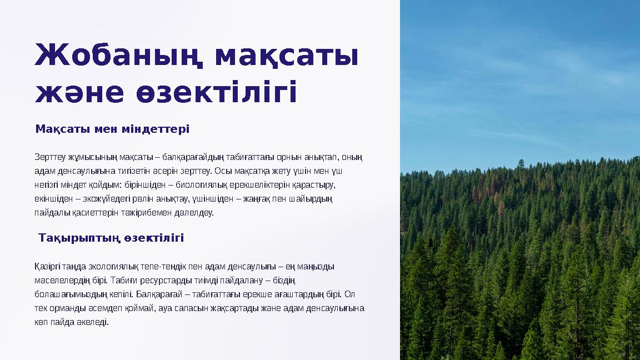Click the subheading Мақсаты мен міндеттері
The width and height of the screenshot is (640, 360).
click(x=112, y=129)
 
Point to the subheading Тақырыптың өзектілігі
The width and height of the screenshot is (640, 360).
click(x=111, y=238)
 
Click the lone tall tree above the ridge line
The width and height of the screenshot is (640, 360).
click(x=521, y=164)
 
